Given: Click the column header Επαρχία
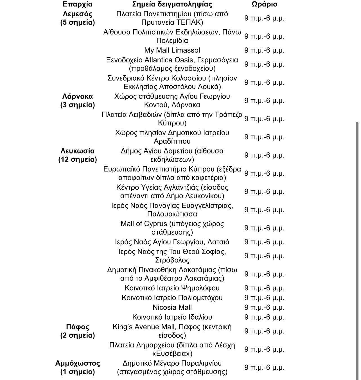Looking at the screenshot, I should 77,4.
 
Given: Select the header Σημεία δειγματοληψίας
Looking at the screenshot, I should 172,4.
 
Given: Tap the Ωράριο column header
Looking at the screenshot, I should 264,4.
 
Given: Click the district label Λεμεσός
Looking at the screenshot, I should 78,14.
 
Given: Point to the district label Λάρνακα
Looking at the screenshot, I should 78,96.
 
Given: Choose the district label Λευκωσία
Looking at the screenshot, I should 78,151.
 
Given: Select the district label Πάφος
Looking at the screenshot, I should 78,327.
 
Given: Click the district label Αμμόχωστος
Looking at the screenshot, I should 78,363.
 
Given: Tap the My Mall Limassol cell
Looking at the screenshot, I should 172,50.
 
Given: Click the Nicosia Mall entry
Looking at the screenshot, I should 172,307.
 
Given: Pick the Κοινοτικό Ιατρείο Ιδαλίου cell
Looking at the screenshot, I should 172,317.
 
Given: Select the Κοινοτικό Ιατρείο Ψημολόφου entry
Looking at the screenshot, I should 172,288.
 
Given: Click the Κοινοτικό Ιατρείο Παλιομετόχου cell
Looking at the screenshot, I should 172,298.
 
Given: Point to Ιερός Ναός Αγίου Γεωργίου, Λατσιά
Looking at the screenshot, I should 172,242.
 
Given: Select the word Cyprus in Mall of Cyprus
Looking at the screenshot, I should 155,224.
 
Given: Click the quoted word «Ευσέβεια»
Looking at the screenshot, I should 172,353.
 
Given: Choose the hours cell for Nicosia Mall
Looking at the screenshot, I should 264,307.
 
